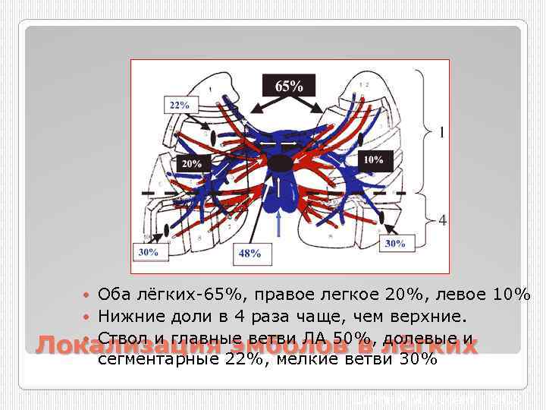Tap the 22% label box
point(179,105)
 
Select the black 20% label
point(191,163)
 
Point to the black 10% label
point(372,160)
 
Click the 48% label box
point(249,253)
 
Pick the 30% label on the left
point(149,252)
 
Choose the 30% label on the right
point(394,243)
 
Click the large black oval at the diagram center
point(279,162)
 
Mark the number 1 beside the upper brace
point(441,133)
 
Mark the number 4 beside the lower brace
point(441,220)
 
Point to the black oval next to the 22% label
point(213,136)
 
